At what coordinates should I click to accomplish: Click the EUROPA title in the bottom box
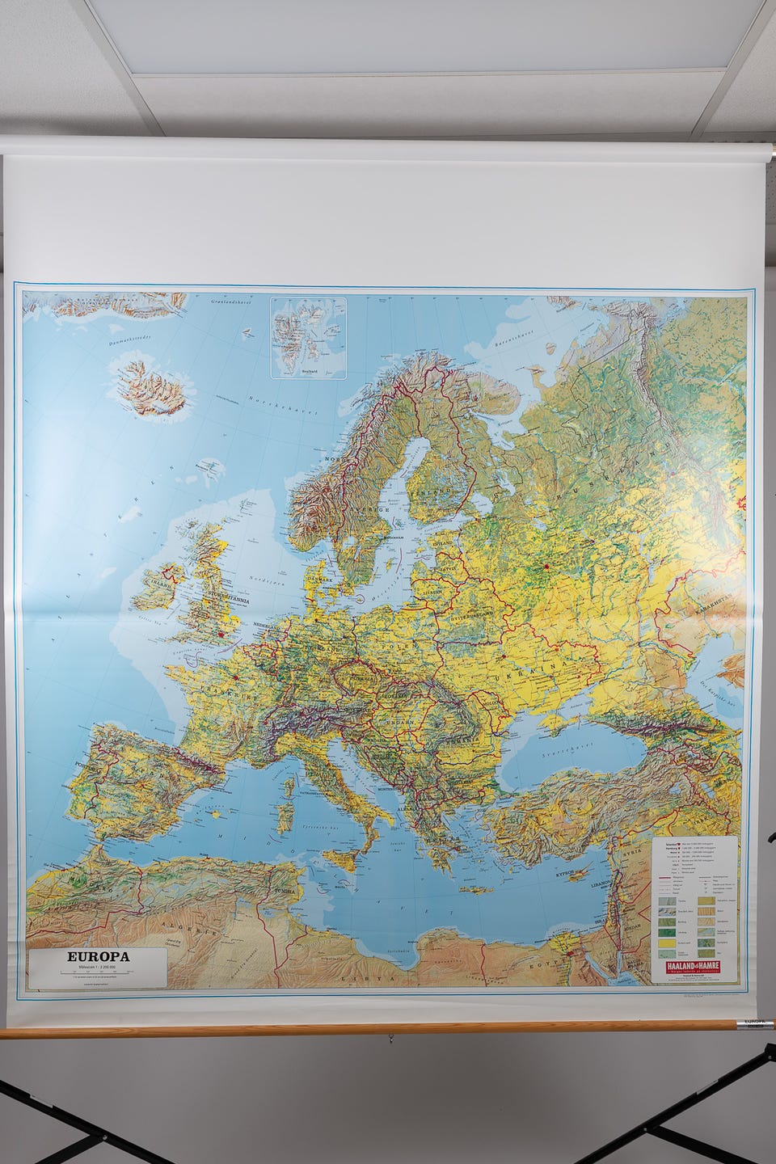pyautogui.click(x=99, y=956)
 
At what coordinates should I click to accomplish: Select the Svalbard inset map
pyautogui.click(x=307, y=336)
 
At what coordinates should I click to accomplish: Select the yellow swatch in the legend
pyautogui.click(x=667, y=943)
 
